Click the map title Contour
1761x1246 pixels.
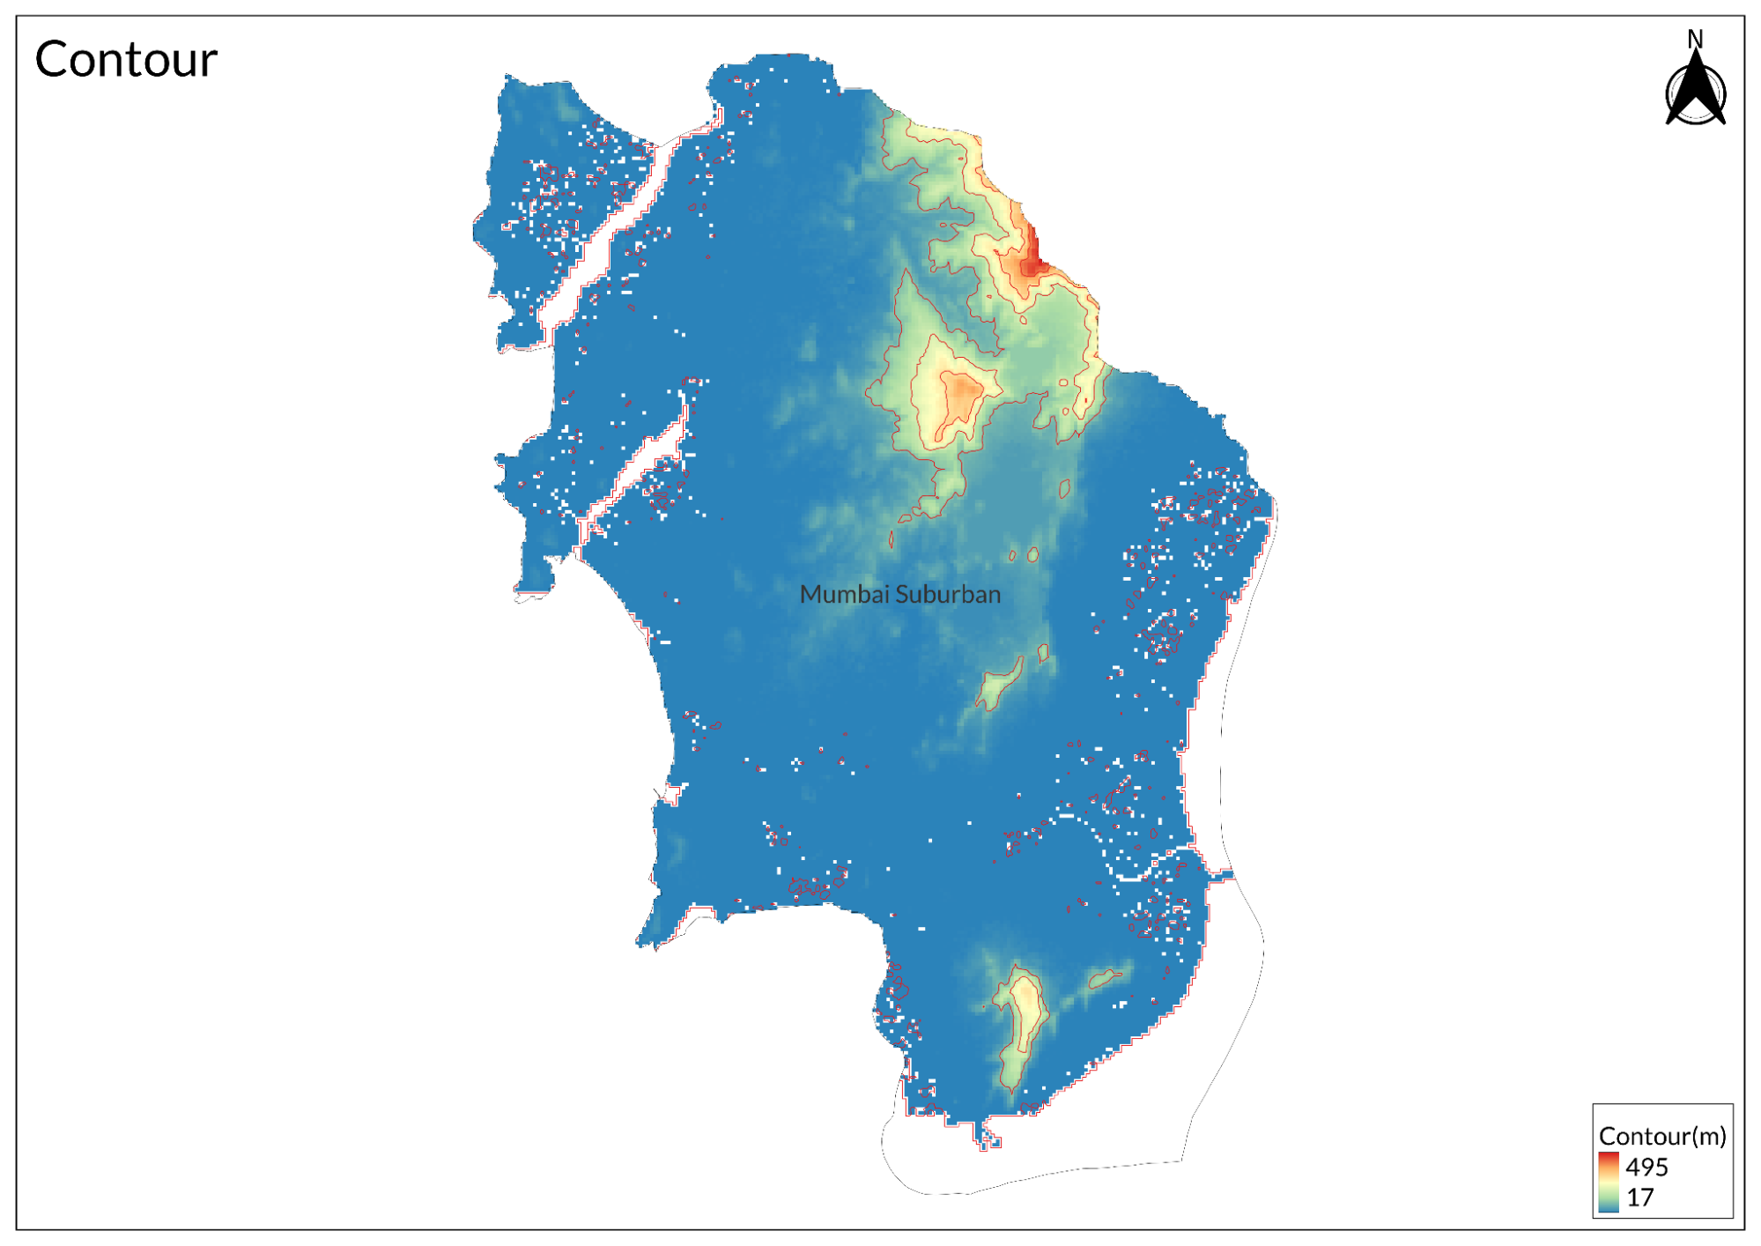coord(126,60)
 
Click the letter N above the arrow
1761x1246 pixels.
coord(1695,39)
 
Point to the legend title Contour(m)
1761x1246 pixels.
coord(1661,1136)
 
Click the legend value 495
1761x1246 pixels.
coord(1646,1167)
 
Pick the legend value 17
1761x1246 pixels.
coord(1639,1198)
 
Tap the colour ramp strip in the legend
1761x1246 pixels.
coord(1609,1182)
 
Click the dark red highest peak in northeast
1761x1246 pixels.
coord(1032,259)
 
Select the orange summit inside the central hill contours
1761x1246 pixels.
coord(960,392)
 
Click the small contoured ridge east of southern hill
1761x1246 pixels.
coord(1104,977)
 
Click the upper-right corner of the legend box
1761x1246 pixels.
coord(1732,1105)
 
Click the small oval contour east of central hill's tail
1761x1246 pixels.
coord(1064,487)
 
